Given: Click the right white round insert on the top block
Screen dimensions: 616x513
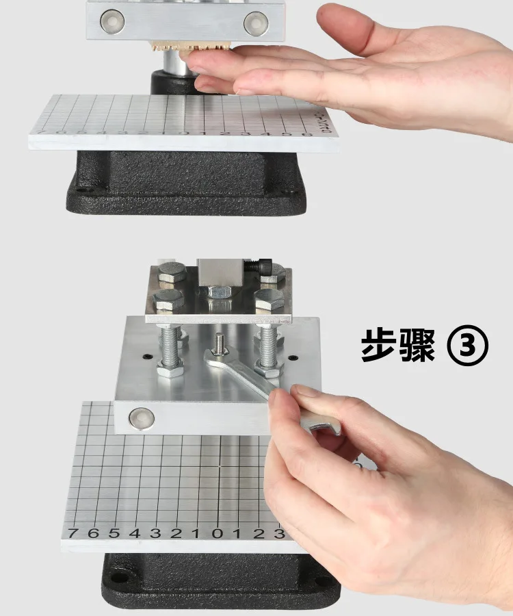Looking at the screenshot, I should [255, 23].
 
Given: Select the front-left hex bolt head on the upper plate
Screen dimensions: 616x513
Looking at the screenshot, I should [168, 300].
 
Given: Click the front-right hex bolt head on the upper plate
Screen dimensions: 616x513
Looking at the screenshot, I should [268, 300].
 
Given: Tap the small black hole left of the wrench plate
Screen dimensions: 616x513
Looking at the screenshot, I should [146, 356].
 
